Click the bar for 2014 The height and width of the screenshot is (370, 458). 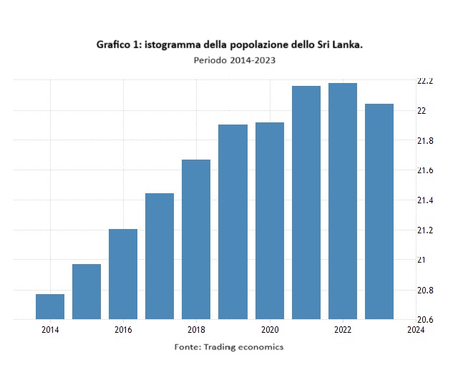[50, 306]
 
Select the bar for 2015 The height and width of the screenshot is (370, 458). [87, 291]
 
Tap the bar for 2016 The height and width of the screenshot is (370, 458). [123, 274]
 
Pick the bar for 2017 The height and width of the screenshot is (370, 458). [160, 256]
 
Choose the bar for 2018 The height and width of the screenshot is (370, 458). [196, 239]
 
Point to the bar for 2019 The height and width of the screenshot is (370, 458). [233, 222]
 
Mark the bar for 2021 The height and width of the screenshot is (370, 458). [306, 203]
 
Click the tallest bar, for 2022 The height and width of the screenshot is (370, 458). [343, 201]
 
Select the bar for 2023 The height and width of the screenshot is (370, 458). [379, 211]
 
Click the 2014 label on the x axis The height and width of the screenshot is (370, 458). [50, 330]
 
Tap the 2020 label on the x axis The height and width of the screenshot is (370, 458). [270, 330]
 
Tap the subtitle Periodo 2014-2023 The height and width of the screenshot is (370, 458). [235, 60]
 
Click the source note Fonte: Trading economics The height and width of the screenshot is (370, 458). [229, 347]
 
